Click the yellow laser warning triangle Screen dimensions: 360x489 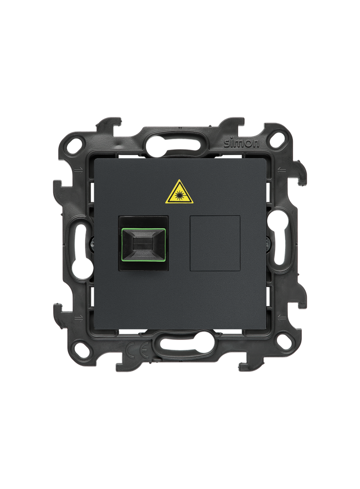(179, 192)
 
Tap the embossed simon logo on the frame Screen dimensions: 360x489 (242, 143)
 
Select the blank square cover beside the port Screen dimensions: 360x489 (215, 243)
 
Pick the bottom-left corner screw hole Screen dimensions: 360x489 (81, 347)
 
